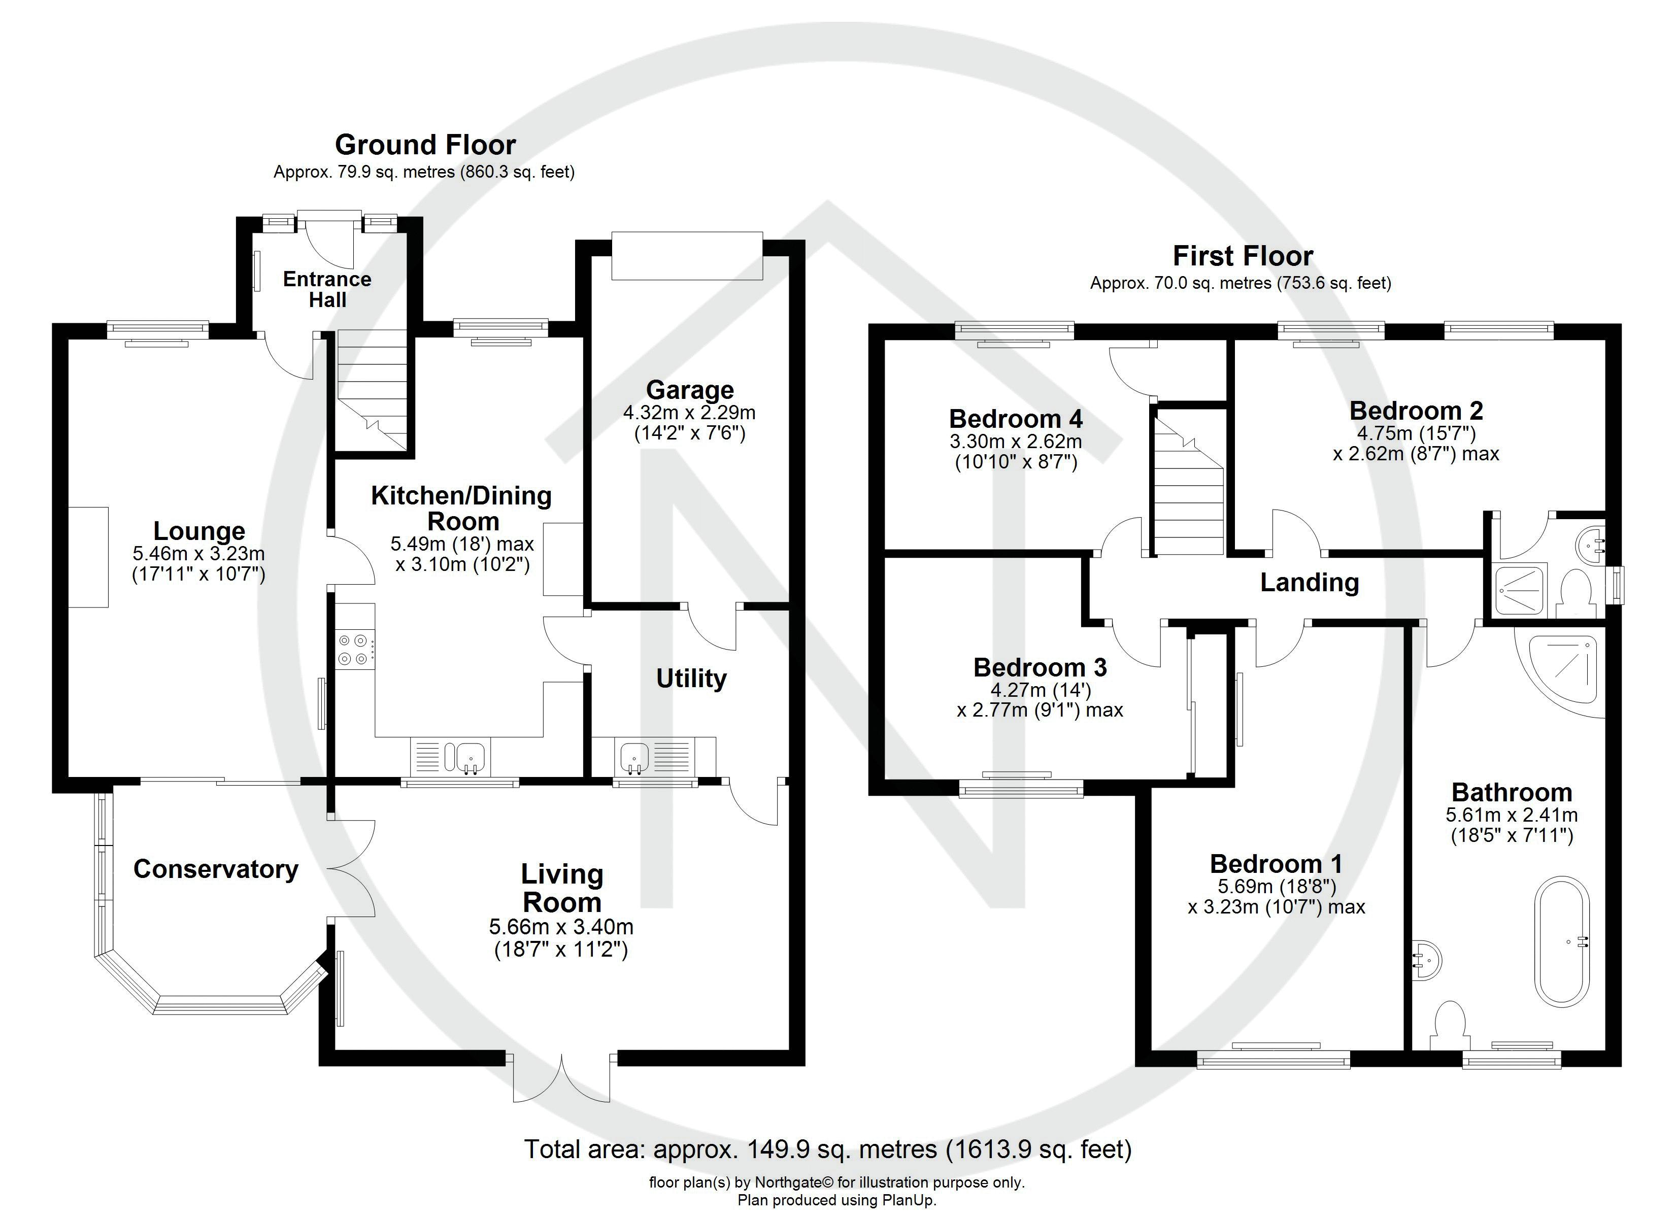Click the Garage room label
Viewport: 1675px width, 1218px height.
click(690, 390)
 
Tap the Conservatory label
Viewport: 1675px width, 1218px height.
click(216, 869)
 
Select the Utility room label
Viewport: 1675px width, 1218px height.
click(691, 678)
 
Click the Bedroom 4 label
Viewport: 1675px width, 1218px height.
click(1016, 419)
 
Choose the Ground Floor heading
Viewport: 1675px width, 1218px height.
click(425, 145)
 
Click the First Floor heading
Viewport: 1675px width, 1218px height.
click(1243, 256)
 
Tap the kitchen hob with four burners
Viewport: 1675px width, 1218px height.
click(353, 649)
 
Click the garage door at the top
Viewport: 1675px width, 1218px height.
click(687, 256)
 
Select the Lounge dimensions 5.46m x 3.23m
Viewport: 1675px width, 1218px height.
click(198, 553)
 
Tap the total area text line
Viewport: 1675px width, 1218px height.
click(827, 1149)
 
